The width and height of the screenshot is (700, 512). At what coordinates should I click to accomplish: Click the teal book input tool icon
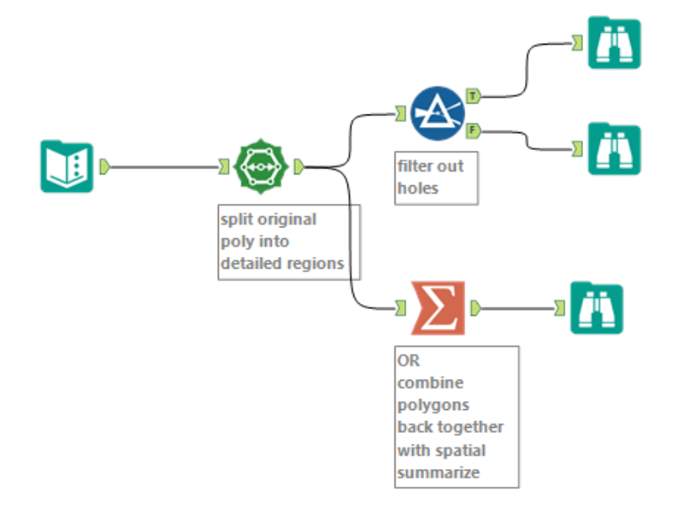click(66, 167)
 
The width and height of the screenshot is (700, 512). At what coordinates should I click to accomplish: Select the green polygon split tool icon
click(260, 167)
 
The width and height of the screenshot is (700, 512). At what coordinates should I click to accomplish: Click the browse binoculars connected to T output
click(613, 42)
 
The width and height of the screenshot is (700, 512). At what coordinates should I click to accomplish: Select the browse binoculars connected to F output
click(613, 148)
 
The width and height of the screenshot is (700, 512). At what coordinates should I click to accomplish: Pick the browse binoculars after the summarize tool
click(596, 308)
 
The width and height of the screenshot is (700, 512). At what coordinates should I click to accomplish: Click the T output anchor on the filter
click(473, 96)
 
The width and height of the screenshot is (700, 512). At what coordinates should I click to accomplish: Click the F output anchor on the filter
click(473, 131)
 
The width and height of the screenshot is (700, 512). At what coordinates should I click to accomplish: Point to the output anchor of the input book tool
click(105, 167)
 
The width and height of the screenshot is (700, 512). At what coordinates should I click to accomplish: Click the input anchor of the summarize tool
click(401, 309)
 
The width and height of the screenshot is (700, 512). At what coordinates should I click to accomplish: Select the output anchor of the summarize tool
click(475, 309)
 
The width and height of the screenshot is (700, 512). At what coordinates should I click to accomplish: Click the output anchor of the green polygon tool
click(300, 167)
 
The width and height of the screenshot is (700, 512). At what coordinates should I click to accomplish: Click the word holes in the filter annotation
click(417, 188)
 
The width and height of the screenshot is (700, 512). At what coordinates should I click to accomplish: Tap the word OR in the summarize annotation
click(408, 360)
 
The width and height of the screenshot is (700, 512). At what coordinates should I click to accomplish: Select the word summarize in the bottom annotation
click(437, 472)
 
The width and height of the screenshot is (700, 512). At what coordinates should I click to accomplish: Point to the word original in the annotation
click(289, 219)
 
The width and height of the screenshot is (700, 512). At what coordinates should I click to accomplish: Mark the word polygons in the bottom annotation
click(432, 405)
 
